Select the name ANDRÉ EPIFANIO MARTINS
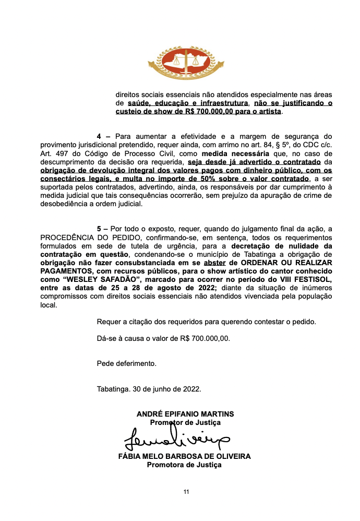coord(185,414)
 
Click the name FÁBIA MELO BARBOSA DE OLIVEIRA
coord(185,456)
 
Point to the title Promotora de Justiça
coord(184,465)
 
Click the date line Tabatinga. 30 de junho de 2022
coord(149,389)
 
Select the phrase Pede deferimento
coord(126,363)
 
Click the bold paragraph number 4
coord(100,136)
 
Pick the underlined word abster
coord(211,262)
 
